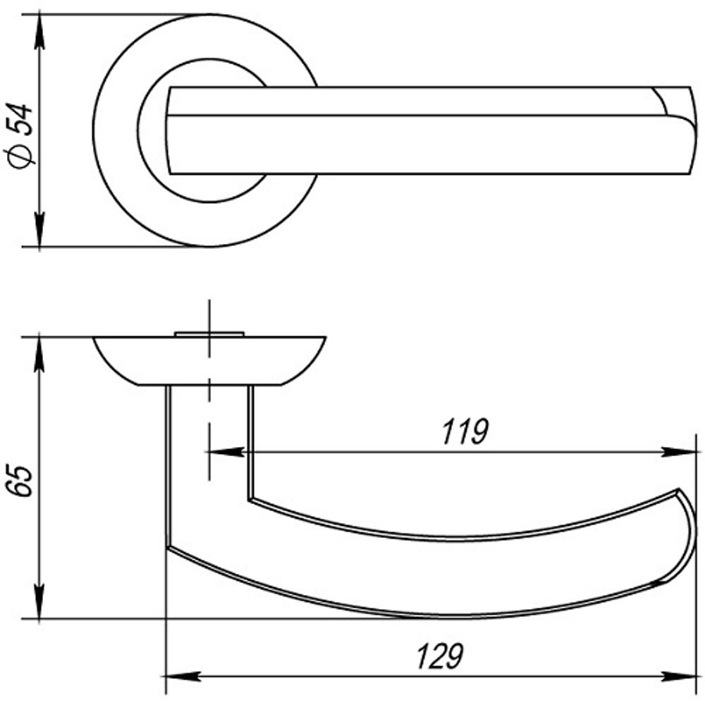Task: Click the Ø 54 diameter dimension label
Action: (20, 136)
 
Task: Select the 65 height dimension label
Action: (20, 481)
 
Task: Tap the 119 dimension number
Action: (465, 432)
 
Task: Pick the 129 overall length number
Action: (440, 657)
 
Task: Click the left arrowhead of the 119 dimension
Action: (225, 452)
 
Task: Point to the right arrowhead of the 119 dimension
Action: (679, 452)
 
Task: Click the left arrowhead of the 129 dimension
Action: (181, 676)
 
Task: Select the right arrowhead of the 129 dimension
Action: (679, 676)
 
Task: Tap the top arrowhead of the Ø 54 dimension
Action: (39, 32)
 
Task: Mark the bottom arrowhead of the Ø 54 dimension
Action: (39, 229)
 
